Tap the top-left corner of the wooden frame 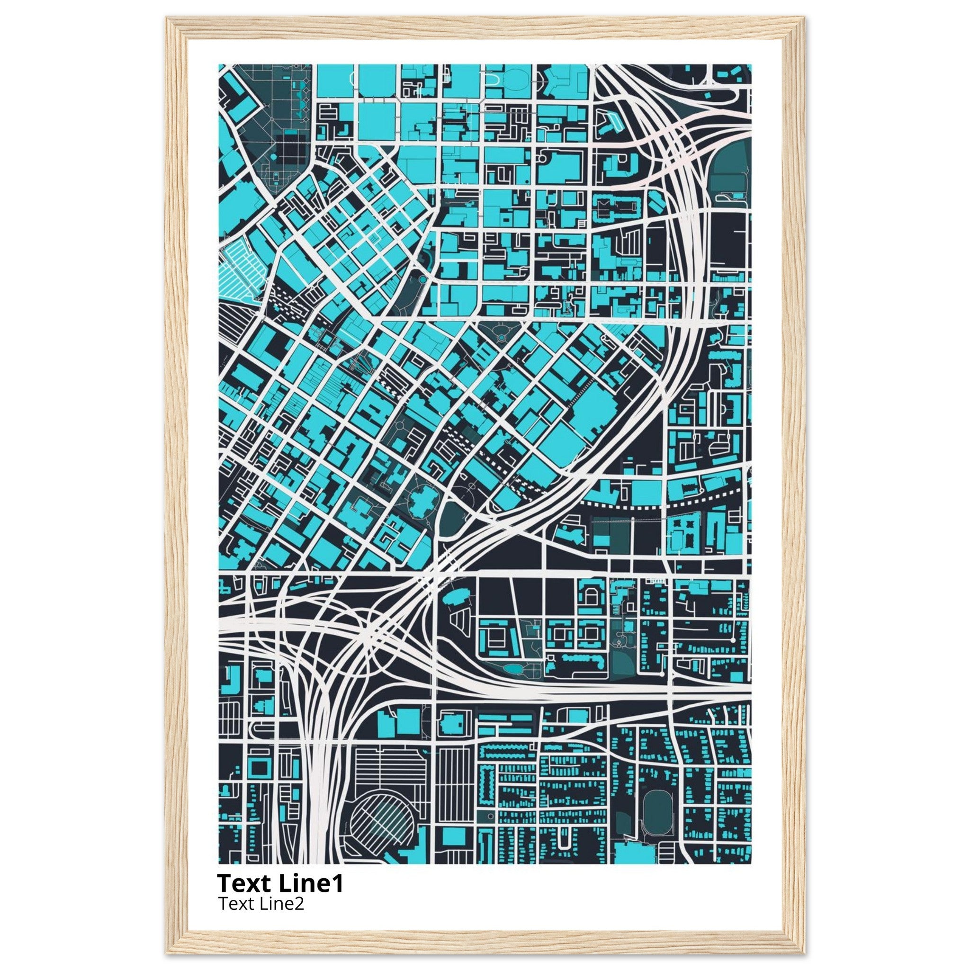[x=173, y=24]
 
